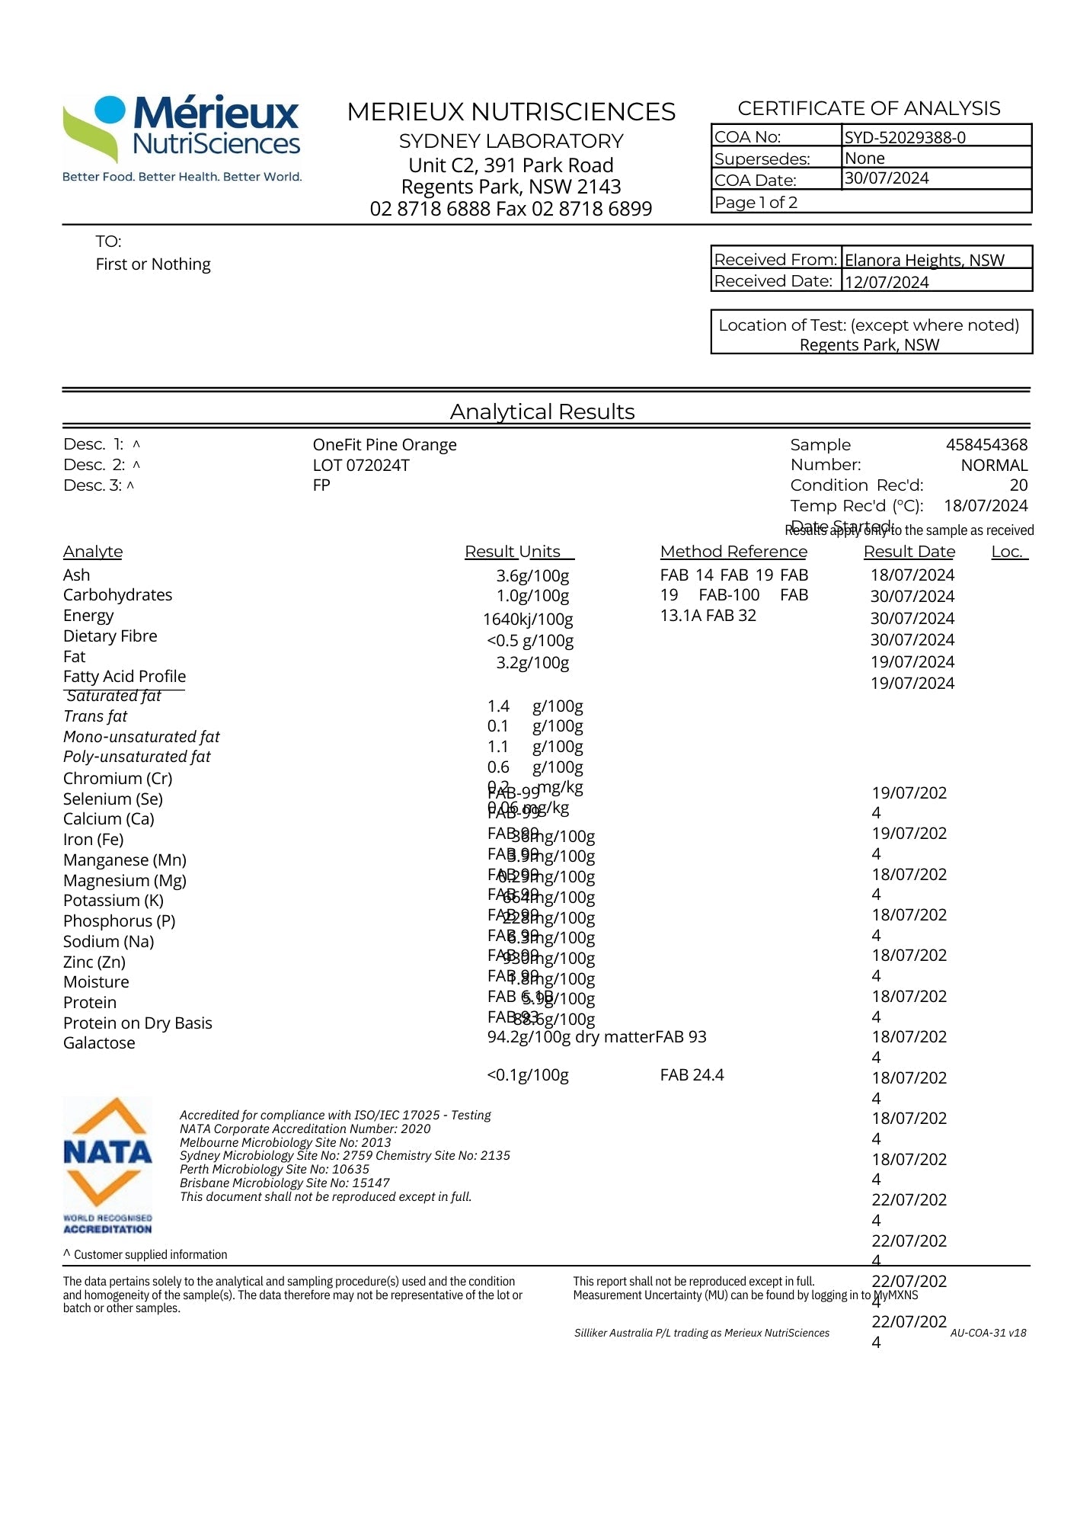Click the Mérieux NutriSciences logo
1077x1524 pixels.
(x=181, y=137)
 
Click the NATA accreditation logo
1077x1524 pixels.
(x=107, y=1164)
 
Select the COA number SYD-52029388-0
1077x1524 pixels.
(x=904, y=137)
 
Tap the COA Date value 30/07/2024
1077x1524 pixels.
(x=887, y=178)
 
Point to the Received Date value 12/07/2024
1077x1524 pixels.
(x=887, y=282)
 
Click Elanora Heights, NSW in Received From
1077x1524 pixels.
(x=924, y=260)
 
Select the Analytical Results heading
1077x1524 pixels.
(x=542, y=411)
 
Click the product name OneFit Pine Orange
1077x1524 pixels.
(x=385, y=444)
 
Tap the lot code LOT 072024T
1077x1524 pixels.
(x=361, y=465)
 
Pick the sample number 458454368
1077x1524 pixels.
(x=986, y=444)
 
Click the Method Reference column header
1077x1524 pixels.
(x=733, y=551)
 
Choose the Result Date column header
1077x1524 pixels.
(x=909, y=551)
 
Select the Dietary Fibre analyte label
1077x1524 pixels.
(x=110, y=636)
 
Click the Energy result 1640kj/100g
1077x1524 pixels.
(x=528, y=620)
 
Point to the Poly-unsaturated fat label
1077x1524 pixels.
(x=137, y=757)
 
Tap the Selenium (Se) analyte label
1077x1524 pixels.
(x=113, y=799)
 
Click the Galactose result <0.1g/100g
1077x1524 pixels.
(x=528, y=1075)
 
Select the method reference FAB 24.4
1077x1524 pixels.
(x=692, y=1075)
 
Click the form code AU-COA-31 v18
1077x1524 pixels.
(x=988, y=1333)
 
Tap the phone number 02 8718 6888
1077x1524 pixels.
(x=430, y=209)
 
